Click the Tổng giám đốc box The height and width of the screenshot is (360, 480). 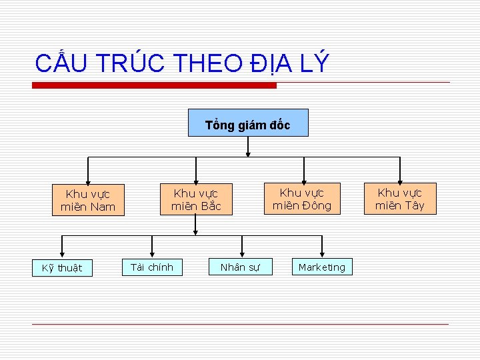point(248,123)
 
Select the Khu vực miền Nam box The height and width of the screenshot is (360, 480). point(88,200)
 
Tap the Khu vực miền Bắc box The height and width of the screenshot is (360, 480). point(196,199)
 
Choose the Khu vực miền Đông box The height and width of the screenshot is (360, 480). point(301,199)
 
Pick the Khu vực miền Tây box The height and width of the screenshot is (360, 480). point(399,199)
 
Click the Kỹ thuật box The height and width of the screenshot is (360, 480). point(62,268)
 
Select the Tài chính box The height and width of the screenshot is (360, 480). point(151,267)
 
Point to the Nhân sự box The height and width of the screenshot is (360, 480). point(241,267)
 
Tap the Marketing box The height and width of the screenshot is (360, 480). point(322,267)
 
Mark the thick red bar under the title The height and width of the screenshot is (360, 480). point(155,85)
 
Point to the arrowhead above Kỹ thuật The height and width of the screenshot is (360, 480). point(61,253)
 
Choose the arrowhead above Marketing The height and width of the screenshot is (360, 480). point(322,253)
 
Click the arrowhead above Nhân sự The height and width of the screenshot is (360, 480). point(241,253)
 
